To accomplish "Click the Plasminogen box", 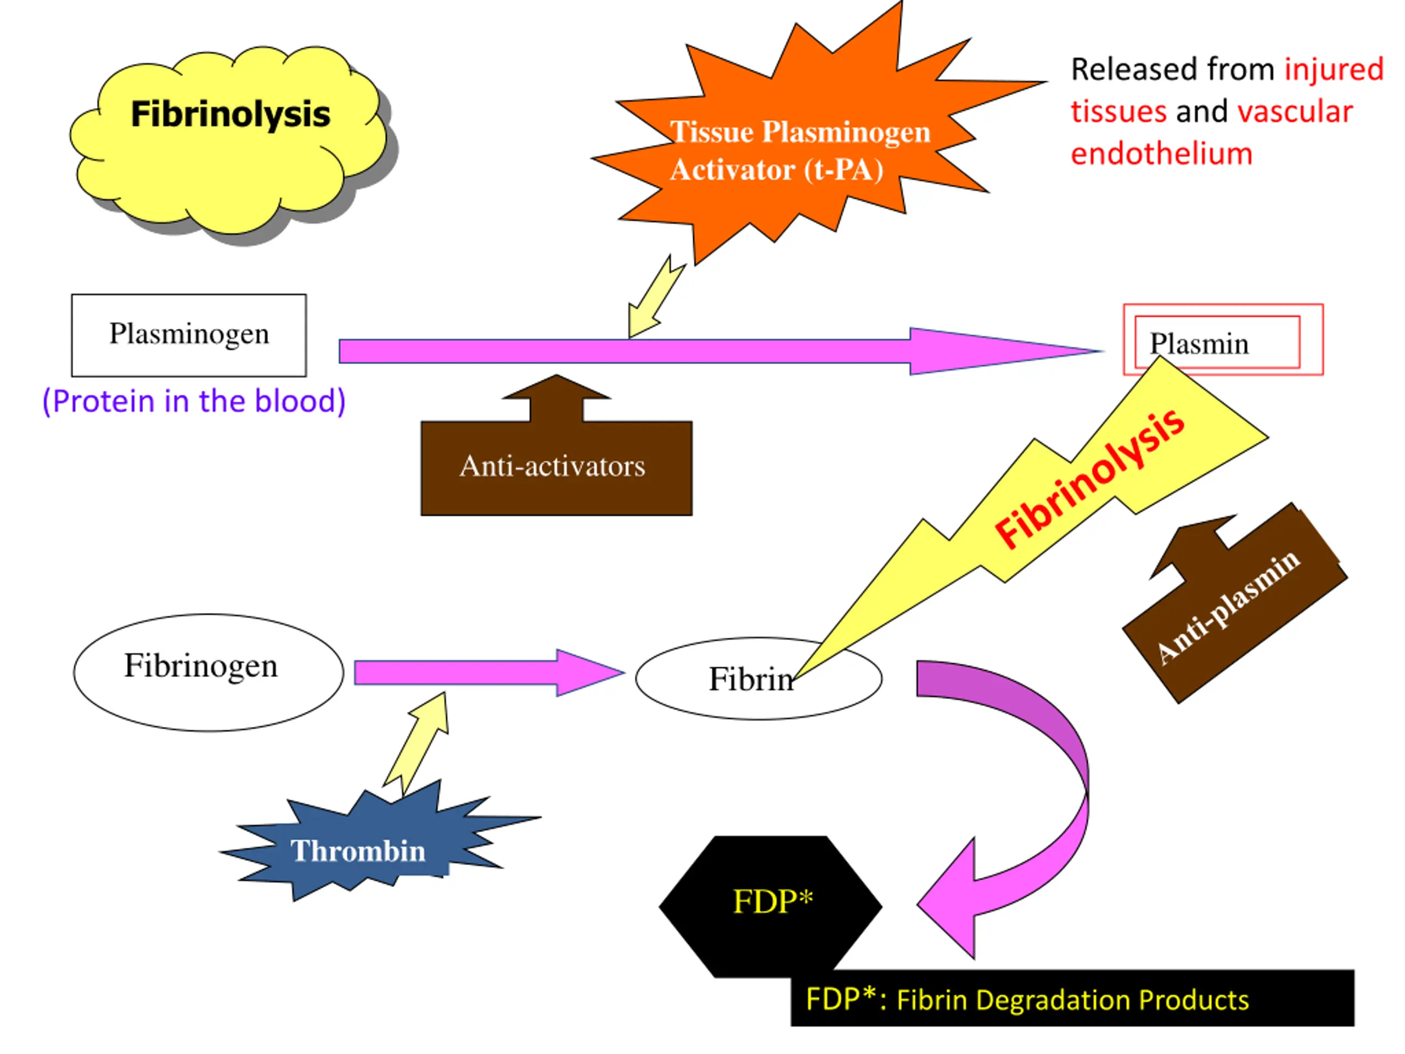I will (189, 335).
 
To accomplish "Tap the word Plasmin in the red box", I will (1199, 344).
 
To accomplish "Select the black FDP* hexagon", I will (771, 902).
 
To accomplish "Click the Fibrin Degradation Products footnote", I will (1027, 1000).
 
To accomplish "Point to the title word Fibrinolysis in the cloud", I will (230, 114).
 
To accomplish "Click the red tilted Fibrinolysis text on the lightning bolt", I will (1089, 478).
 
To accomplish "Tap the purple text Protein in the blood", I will (194, 401).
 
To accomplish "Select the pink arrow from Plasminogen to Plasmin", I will (699, 351).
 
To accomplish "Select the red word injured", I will (1333, 69).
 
